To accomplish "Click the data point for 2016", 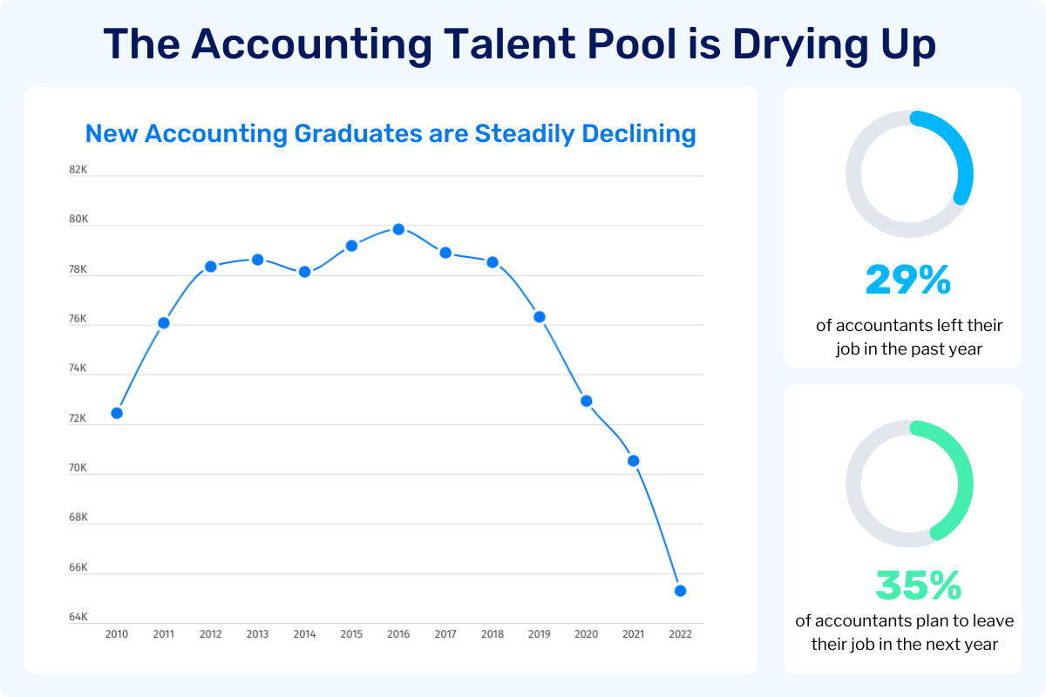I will click(x=398, y=229).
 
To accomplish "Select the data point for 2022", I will click(x=680, y=591).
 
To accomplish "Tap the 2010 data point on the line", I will click(x=117, y=413).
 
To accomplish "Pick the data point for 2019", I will click(x=540, y=316).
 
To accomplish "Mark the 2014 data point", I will click(x=305, y=272).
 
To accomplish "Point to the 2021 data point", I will click(x=634, y=460).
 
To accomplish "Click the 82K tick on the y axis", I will click(x=78, y=170).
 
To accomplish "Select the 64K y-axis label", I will click(x=78, y=617).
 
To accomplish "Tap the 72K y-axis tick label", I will click(x=78, y=418).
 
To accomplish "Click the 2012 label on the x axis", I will click(x=210, y=634).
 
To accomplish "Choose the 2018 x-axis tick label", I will click(x=492, y=634).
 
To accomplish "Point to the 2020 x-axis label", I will click(x=586, y=634).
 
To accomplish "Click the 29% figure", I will click(x=907, y=280).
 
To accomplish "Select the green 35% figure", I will click(x=918, y=586).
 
